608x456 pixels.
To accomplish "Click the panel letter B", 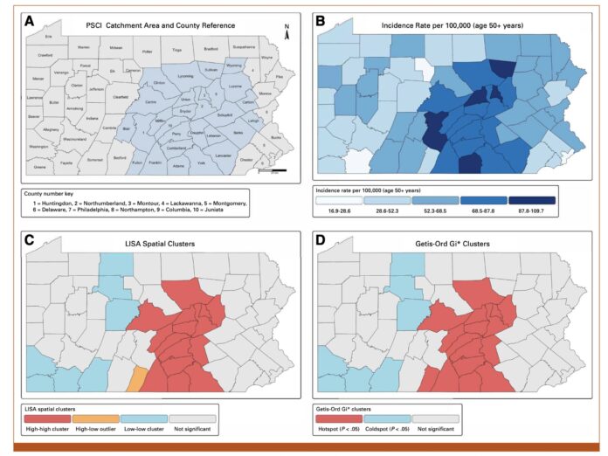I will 321,19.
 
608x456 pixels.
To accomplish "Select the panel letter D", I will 321,238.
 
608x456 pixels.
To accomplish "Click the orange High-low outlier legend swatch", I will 95,417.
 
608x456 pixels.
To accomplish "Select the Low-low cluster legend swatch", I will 143,417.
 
